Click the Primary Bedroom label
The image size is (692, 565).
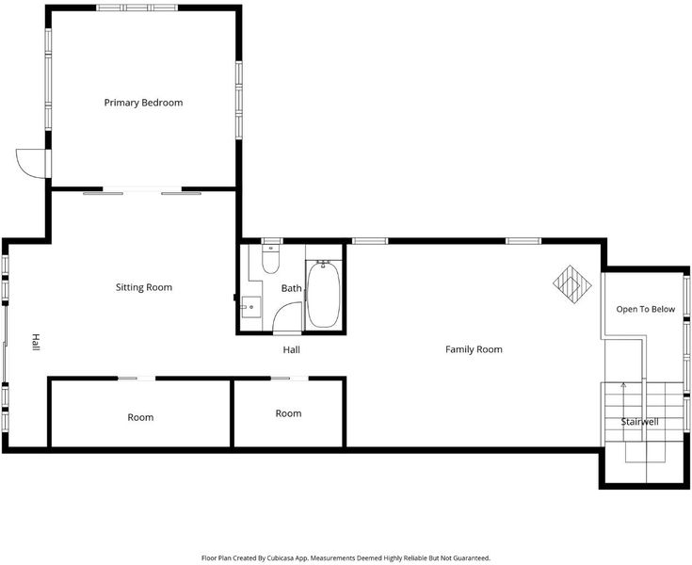143,103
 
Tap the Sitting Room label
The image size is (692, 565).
144,287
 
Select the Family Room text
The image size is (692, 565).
474,349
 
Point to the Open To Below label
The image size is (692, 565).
646,310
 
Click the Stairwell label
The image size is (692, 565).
639,422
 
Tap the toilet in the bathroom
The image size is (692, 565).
270,259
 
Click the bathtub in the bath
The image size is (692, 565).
324,294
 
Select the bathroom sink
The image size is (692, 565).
250,307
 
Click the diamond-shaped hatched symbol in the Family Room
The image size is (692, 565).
572,283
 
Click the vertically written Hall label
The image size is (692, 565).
36,343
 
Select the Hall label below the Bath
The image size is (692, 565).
291,350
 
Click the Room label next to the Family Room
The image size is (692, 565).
289,413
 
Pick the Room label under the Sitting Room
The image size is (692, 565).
140,417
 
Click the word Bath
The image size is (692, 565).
291,289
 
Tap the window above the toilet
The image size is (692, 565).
271,241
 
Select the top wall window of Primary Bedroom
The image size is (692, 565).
137,8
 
